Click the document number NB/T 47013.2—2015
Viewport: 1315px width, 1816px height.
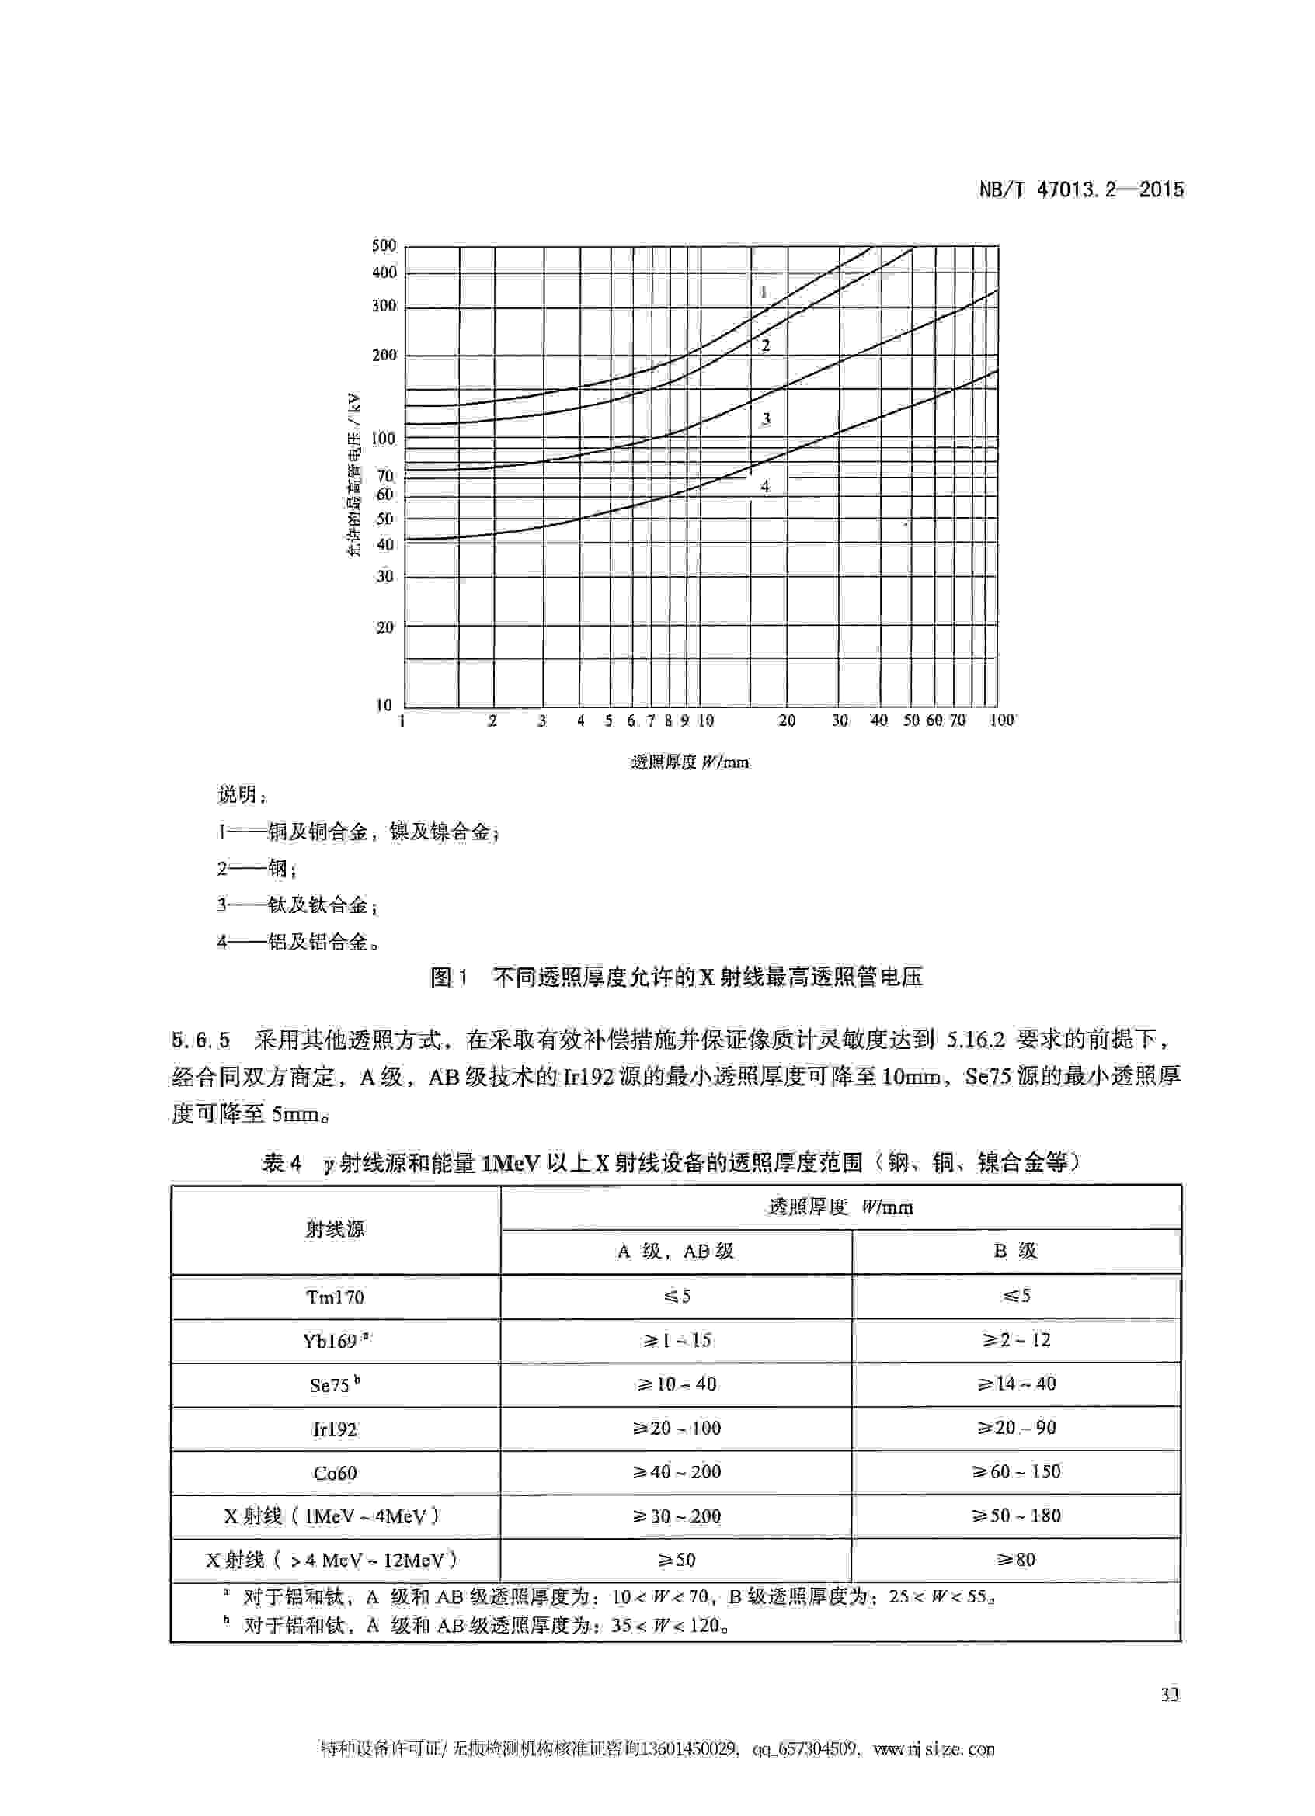pyautogui.click(x=1080, y=189)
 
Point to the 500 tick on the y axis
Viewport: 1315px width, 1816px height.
pyautogui.click(x=384, y=245)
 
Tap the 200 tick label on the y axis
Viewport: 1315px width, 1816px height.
pyautogui.click(x=384, y=355)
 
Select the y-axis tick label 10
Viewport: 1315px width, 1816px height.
pyautogui.click(x=384, y=706)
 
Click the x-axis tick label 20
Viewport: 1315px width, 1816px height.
pyautogui.click(x=787, y=720)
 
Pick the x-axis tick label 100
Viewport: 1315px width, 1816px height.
pyautogui.click(x=1001, y=720)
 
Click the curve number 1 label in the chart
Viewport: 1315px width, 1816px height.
pyautogui.click(x=764, y=291)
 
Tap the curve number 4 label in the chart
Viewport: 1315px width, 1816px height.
pyautogui.click(x=765, y=486)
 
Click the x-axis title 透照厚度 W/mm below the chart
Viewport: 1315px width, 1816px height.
pyautogui.click(x=690, y=762)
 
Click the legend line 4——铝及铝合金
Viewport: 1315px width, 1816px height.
pyautogui.click(x=298, y=942)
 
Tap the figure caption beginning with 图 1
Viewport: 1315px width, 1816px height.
pyautogui.click(x=676, y=977)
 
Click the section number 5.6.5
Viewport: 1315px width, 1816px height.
pyautogui.click(x=200, y=1040)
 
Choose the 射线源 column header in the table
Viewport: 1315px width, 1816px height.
pyautogui.click(x=335, y=1229)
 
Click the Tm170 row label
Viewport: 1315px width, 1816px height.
pyautogui.click(x=335, y=1297)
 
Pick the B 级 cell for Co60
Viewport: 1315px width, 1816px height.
pyautogui.click(x=1015, y=1472)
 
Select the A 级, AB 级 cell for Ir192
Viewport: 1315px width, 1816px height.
pyautogui.click(x=676, y=1428)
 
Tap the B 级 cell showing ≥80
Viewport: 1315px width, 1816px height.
pyautogui.click(x=1015, y=1559)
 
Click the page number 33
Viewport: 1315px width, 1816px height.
pyautogui.click(x=1169, y=1694)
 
